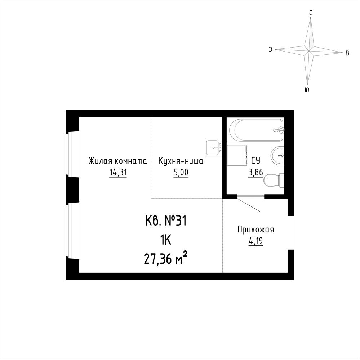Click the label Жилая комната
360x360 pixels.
[x=118, y=161]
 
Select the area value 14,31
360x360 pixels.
[x=118, y=172]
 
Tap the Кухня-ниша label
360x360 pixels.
[x=181, y=161]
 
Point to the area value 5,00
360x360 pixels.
[x=181, y=172]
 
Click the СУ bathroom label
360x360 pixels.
[x=255, y=161]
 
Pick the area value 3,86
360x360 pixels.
[x=255, y=172]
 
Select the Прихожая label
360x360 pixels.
[x=255, y=229]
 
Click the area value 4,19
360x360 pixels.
[x=255, y=241]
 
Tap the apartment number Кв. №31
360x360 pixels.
[x=166, y=222]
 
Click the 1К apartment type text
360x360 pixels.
[x=165, y=241]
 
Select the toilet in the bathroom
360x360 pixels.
[x=274, y=181]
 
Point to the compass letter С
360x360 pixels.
[x=311, y=13]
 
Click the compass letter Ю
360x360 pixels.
[x=307, y=90]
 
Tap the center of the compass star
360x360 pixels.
[x=309, y=50]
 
